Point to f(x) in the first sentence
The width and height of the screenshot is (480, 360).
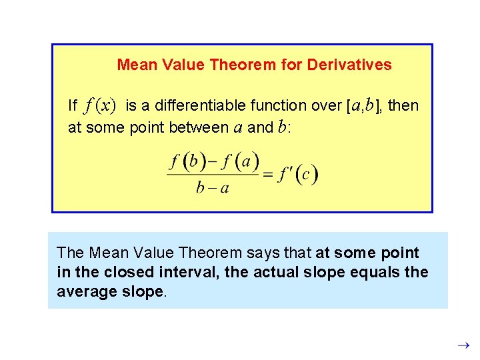point(100,105)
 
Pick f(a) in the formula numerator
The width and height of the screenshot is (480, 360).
point(241,161)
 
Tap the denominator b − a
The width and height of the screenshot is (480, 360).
point(213,188)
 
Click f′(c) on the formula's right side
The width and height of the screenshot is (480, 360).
point(298,175)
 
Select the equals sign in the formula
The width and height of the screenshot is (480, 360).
point(267,175)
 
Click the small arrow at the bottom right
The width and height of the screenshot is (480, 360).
point(466,345)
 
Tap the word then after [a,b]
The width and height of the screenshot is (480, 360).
point(403,105)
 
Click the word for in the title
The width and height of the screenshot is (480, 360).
point(295,65)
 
